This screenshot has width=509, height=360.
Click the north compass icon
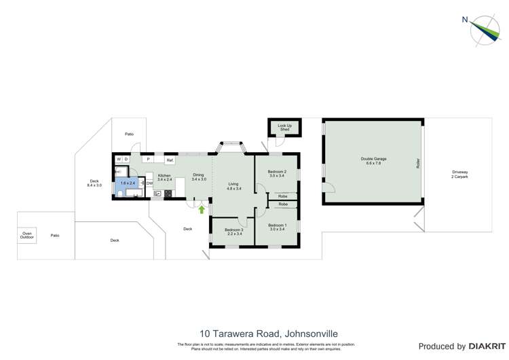click(485, 30)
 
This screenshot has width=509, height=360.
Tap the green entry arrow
click(202, 209)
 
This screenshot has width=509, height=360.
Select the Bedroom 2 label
click(277, 174)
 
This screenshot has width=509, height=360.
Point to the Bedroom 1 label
click(277, 227)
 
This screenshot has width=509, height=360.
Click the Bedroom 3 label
click(233, 232)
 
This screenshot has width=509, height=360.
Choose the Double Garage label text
click(373, 161)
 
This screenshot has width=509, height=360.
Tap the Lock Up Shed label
click(284, 128)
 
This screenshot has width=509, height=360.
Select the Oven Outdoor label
click(26, 235)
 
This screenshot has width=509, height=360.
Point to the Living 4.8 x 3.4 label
click(233, 186)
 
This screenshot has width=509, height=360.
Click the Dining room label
click(198, 177)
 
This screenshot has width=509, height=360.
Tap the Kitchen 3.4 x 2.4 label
click(164, 177)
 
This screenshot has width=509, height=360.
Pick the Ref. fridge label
click(170, 160)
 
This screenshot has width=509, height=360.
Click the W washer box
click(119, 160)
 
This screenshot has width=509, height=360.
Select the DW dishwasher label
click(149, 183)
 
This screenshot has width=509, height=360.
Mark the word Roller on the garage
click(418, 163)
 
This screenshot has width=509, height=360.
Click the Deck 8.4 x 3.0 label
click(94, 183)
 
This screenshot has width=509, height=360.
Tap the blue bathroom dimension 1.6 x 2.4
click(128, 183)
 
